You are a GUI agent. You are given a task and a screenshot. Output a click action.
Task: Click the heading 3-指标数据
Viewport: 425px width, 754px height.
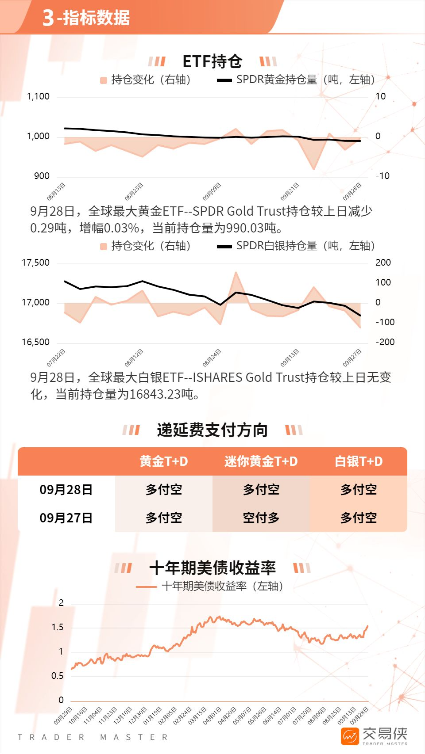86,18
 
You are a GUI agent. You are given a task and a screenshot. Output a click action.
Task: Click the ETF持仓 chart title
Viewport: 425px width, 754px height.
212,61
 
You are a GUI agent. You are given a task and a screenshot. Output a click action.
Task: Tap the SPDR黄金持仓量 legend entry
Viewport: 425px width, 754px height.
296,80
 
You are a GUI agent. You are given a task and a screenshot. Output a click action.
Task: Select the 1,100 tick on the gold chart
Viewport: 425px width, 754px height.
39,96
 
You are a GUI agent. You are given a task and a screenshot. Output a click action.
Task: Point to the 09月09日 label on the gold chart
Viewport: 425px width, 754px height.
212,191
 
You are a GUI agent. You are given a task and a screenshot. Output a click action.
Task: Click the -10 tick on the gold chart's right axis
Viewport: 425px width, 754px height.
382,176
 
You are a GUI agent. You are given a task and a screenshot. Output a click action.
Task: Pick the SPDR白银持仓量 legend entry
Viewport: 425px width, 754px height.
296,246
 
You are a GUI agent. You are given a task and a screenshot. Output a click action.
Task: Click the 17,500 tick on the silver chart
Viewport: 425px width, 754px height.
36,263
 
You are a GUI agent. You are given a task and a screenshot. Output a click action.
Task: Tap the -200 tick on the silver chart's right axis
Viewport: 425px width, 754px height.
385,342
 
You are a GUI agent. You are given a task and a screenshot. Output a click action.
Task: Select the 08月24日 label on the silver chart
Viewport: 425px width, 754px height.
212,358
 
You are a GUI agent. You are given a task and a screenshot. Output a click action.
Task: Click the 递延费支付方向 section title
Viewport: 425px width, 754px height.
212,430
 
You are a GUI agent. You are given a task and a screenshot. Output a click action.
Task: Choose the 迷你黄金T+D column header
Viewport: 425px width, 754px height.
261,461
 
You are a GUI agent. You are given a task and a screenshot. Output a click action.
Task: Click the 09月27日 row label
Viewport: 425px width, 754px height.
66,518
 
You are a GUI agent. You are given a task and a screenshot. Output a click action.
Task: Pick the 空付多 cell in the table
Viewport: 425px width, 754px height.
261,518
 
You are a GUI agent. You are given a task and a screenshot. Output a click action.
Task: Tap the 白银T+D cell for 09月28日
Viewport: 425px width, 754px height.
358,489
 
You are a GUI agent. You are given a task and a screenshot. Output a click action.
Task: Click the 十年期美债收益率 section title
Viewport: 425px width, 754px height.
212,568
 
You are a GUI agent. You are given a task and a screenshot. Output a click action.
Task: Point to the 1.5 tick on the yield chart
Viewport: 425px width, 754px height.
58,627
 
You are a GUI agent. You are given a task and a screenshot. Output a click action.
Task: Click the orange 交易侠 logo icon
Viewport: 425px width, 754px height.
350,736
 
